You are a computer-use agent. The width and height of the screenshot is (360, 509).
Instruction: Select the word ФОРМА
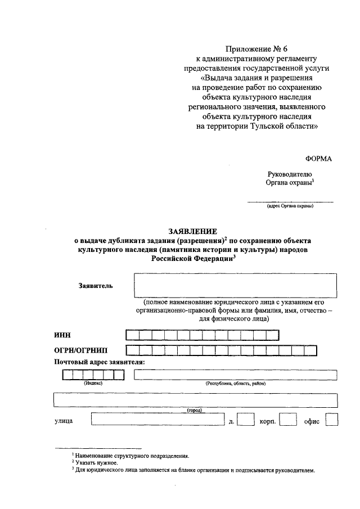coord(318,159)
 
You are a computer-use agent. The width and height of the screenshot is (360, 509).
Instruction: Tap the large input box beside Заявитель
coord(235,285)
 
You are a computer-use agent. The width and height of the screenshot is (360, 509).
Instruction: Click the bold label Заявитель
coord(96,286)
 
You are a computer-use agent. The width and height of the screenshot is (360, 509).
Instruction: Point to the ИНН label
coord(62,336)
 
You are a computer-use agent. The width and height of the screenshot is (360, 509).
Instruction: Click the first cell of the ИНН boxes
coord(133,336)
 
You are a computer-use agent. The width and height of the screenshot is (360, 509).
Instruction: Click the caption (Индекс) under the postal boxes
coord(93,384)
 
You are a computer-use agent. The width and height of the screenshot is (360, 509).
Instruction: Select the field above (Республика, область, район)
coord(235,375)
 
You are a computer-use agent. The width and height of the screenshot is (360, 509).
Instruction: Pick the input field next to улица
coord(157,420)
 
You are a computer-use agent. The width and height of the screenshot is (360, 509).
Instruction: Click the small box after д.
coord(245,420)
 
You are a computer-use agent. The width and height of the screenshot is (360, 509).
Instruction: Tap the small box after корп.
coord(288,420)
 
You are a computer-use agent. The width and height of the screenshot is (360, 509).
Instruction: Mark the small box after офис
coord(331,420)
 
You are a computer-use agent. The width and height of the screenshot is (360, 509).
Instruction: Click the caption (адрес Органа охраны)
coord(290,206)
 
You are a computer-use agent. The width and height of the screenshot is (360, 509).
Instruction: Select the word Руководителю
coord(293,174)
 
